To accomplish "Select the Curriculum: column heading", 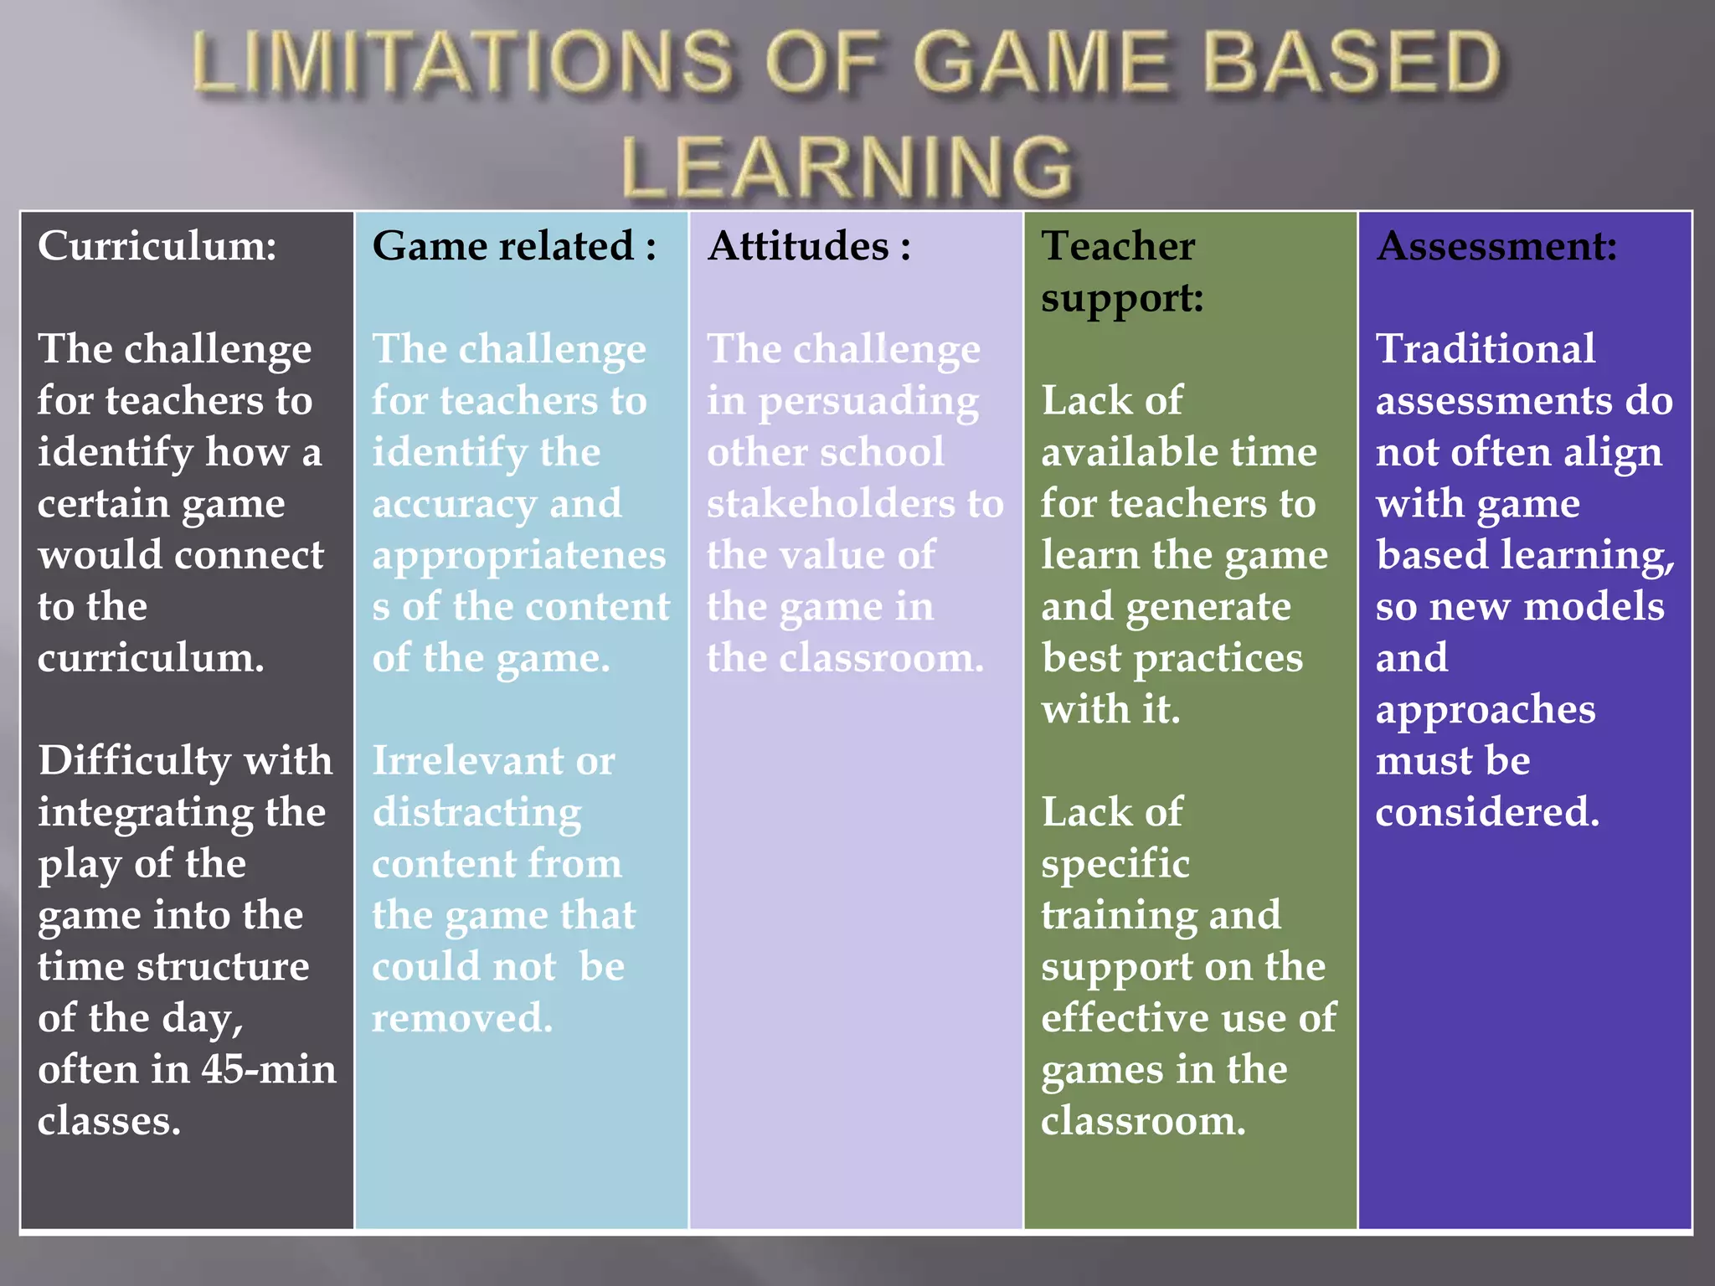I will coord(157,246).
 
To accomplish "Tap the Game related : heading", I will coord(514,246).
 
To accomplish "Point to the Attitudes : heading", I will coord(809,246).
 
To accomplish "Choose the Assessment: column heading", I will coord(1496,246).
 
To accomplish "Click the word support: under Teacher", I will coord(1122,298).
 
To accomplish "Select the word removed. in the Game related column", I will coord(462,1018).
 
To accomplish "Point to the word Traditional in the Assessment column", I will coord(1486,349).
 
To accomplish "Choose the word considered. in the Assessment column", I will coord(1487,812).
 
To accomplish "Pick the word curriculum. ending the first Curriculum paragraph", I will coord(151,658).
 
